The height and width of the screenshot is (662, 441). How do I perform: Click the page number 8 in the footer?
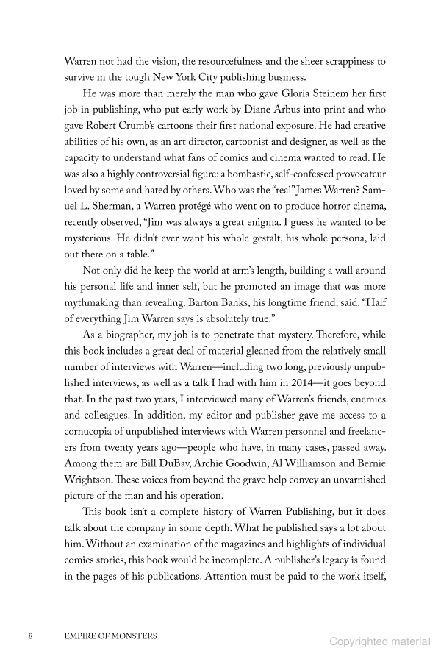pos(29,635)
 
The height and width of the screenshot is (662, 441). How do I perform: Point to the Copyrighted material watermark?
pos(379,642)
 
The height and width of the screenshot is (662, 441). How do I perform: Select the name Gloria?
pos(295,94)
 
